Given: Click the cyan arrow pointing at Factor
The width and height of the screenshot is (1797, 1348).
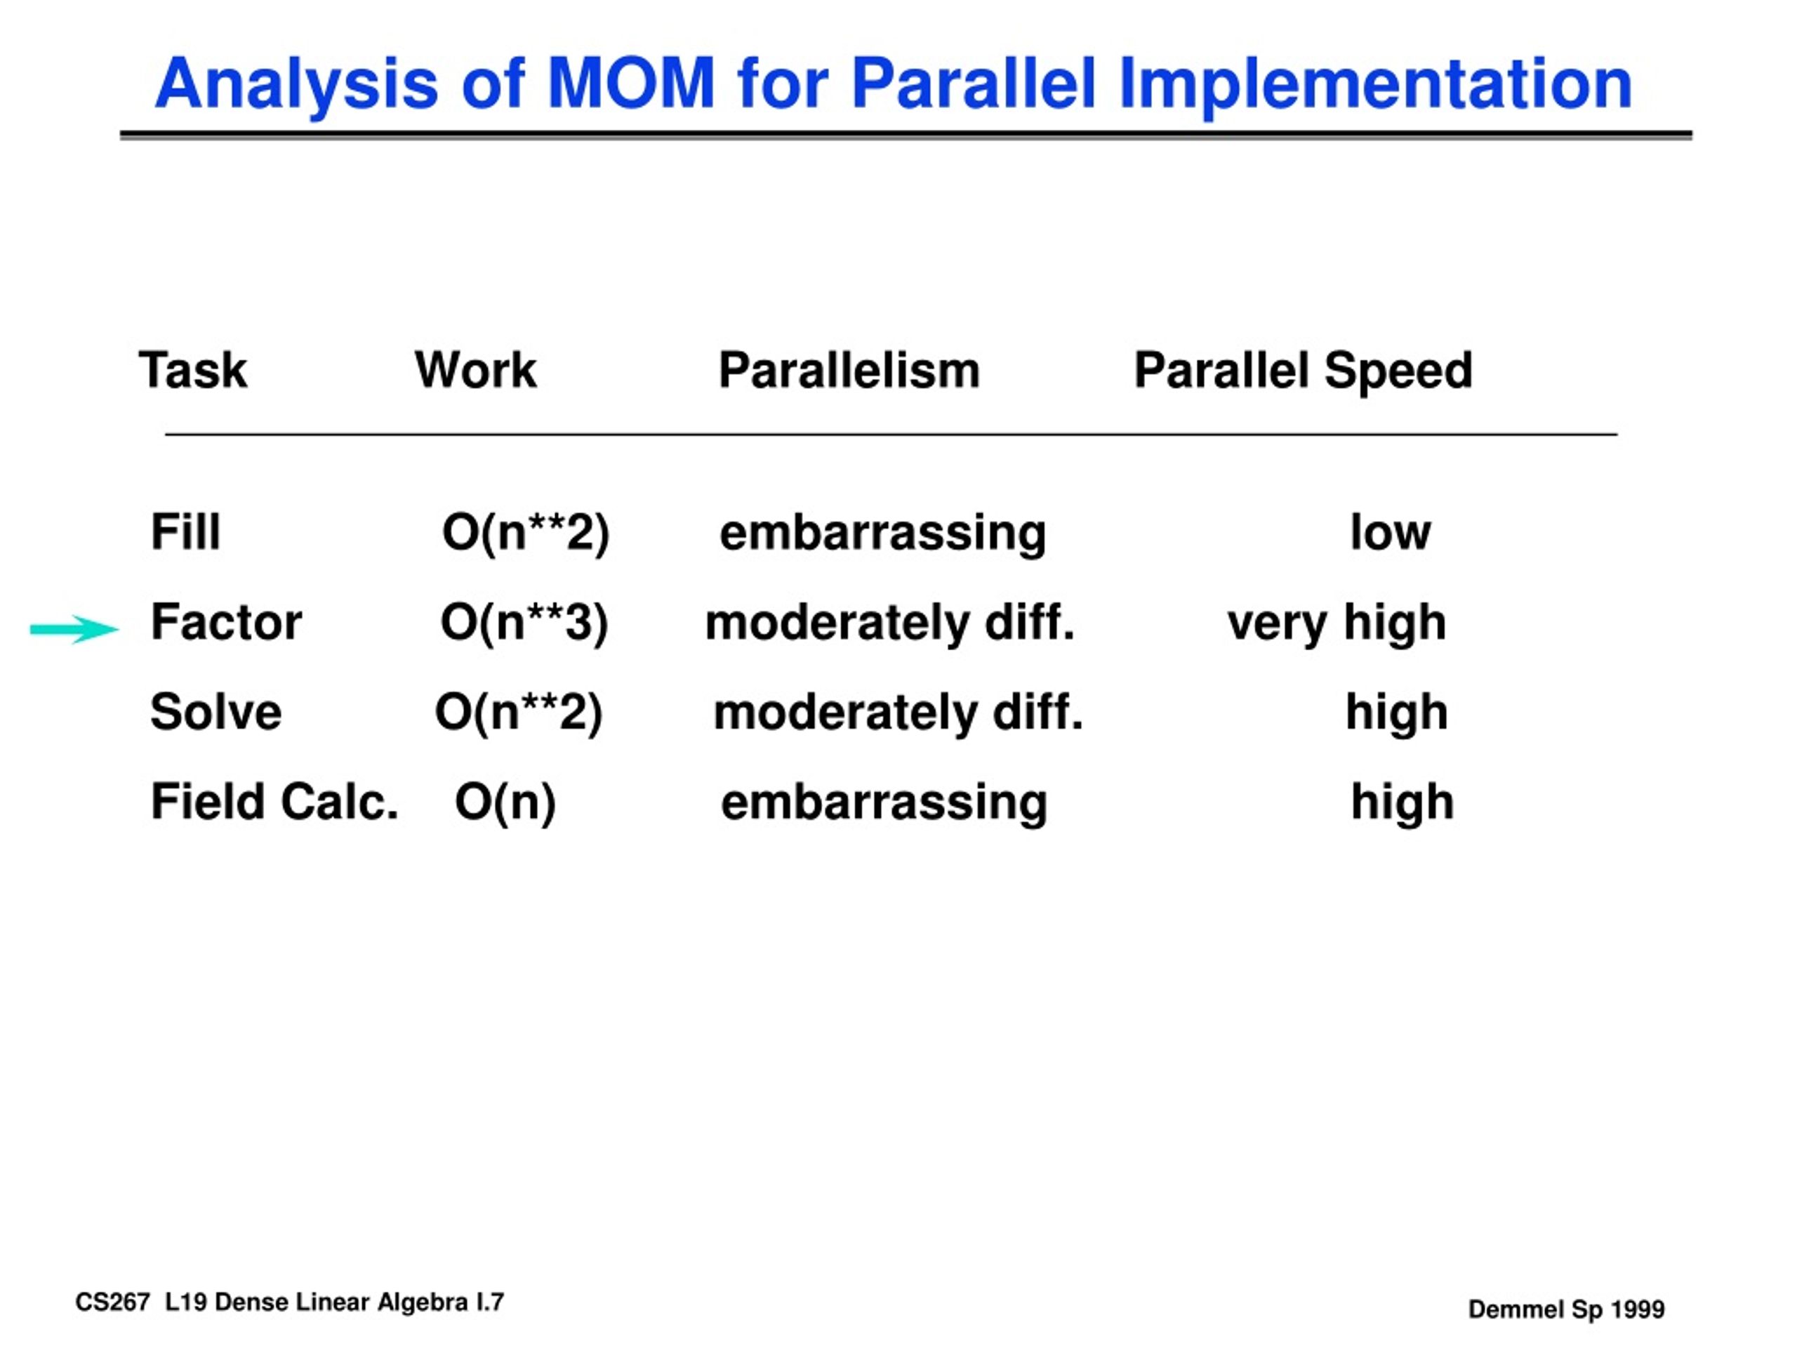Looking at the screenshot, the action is click(x=74, y=629).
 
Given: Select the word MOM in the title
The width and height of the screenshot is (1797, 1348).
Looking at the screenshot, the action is click(x=630, y=83).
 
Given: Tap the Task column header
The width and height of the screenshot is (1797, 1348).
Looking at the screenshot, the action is click(x=193, y=371).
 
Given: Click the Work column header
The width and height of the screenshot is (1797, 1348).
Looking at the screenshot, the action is click(x=476, y=371).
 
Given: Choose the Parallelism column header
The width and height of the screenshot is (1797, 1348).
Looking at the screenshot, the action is click(x=849, y=371).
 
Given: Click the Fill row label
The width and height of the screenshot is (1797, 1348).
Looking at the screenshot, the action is click(x=185, y=532).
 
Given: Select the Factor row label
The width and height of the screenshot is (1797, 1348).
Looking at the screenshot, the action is click(x=226, y=623).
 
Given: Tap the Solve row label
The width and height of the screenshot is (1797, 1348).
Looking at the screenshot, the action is click(x=216, y=712).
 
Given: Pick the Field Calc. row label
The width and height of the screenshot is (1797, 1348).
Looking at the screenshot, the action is click(x=274, y=802).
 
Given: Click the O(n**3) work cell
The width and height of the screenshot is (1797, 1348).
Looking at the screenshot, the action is click(x=524, y=624).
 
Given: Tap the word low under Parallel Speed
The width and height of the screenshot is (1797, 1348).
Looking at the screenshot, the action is click(x=1390, y=532).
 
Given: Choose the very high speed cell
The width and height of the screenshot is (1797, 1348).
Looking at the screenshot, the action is click(x=1337, y=624).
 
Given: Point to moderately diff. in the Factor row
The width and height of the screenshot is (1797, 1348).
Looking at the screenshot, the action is click(x=889, y=624).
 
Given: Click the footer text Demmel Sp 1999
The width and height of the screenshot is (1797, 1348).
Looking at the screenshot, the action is click(x=1566, y=1309).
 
